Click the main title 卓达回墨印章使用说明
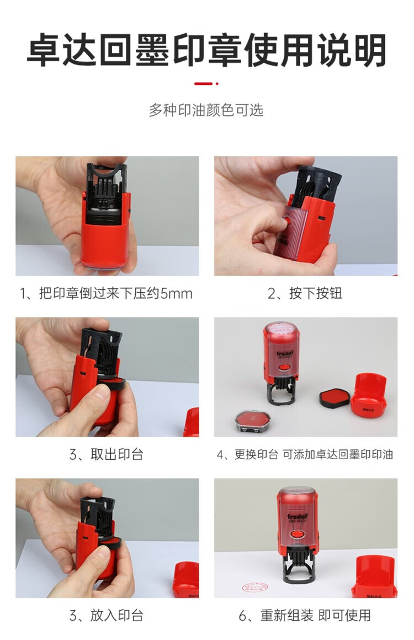click(x=206, y=51)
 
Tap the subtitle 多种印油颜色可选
click(x=206, y=110)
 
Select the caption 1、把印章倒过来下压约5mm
click(x=106, y=293)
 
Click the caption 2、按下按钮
click(x=305, y=293)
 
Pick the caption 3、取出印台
click(x=106, y=454)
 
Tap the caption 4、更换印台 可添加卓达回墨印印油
click(x=305, y=454)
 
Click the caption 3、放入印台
click(x=106, y=616)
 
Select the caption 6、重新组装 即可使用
click(x=305, y=616)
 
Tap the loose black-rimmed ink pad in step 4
click(x=335, y=397)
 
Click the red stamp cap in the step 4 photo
click(x=370, y=393)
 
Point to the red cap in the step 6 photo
click(x=374, y=576)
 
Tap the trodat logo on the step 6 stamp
click(x=298, y=517)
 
